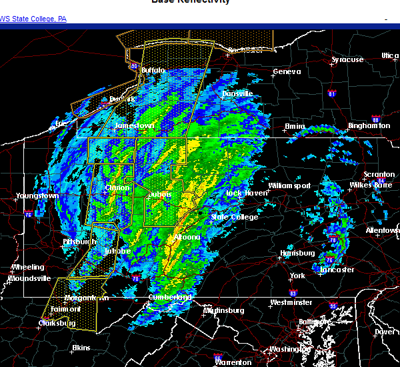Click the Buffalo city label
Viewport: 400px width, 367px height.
pyautogui.click(x=153, y=70)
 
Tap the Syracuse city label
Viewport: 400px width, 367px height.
pyautogui.click(x=347, y=60)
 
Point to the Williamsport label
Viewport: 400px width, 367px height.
pyautogui.click(x=289, y=186)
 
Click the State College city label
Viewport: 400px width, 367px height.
pyautogui.click(x=234, y=217)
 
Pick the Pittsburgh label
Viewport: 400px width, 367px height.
pyautogui.click(x=80, y=241)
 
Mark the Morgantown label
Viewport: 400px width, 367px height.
pyautogui.click(x=87, y=298)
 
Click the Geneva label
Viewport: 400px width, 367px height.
pyautogui.click(x=287, y=72)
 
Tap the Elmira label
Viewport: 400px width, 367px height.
pyautogui.click(x=295, y=126)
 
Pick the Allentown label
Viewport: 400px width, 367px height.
pyautogui.click(x=383, y=230)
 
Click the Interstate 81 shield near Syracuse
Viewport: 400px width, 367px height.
pyautogui.click(x=331, y=94)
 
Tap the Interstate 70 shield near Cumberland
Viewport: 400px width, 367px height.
pyautogui.click(x=136, y=278)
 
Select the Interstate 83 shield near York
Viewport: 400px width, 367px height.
pyautogui.click(x=293, y=293)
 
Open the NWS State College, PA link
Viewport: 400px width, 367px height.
pyautogui.click(x=33, y=19)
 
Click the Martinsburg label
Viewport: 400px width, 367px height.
pyautogui.click(x=223, y=310)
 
